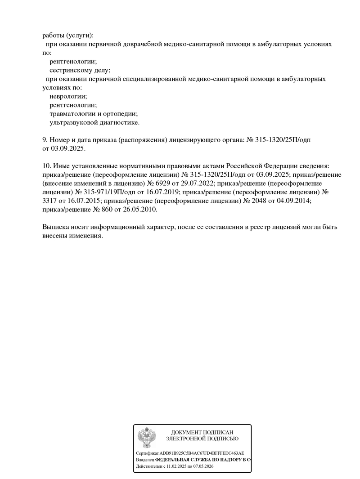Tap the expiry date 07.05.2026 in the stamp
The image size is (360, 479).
203,467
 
